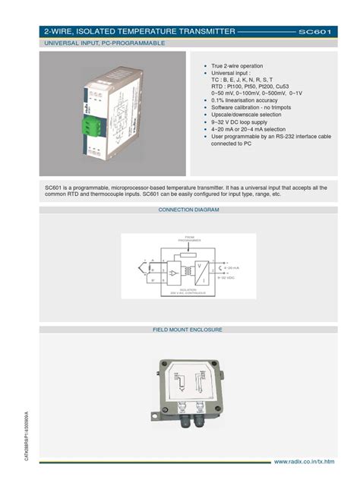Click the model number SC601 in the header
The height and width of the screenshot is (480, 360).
tap(314, 32)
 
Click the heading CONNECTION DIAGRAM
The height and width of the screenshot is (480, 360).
tap(188, 210)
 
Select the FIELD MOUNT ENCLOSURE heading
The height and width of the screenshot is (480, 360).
tap(188, 330)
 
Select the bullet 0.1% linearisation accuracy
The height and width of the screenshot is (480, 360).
tap(245, 100)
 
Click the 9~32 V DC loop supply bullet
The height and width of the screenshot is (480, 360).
tap(242, 121)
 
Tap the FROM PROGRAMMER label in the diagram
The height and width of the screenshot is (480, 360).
tap(186, 240)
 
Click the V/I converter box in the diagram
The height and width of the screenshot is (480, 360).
tap(201, 270)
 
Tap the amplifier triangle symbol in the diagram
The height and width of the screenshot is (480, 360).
tap(173, 273)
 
